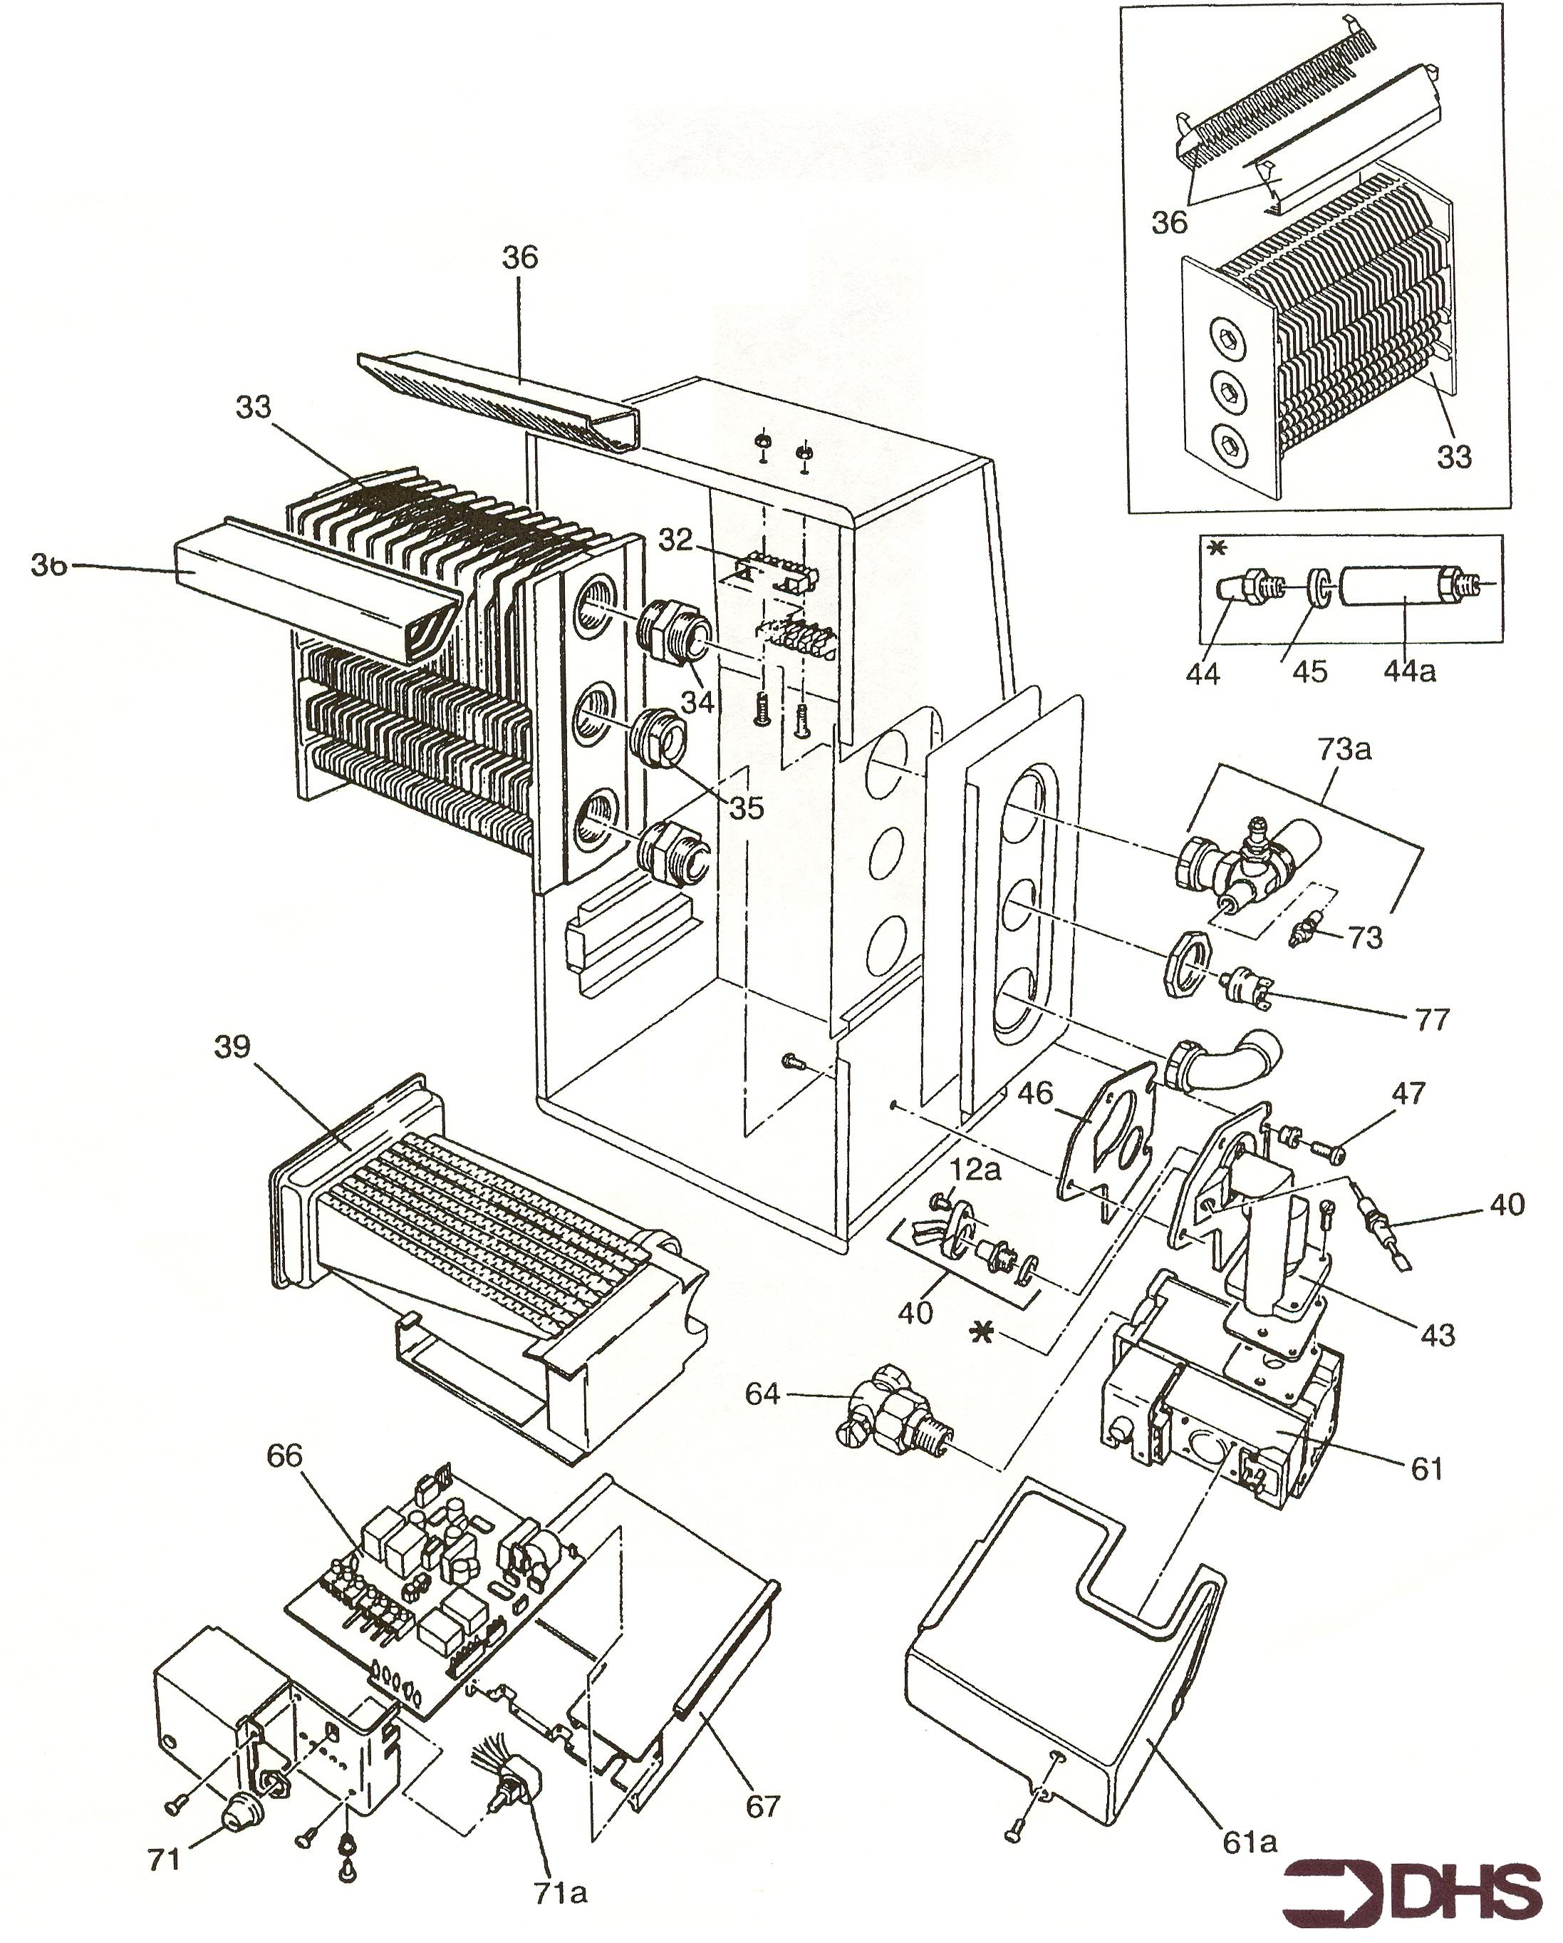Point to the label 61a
click(1250, 1817)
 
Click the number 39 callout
click(232, 1047)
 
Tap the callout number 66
click(285, 1455)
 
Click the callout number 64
click(762, 1394)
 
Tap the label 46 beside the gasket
click(1034, 1093)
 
